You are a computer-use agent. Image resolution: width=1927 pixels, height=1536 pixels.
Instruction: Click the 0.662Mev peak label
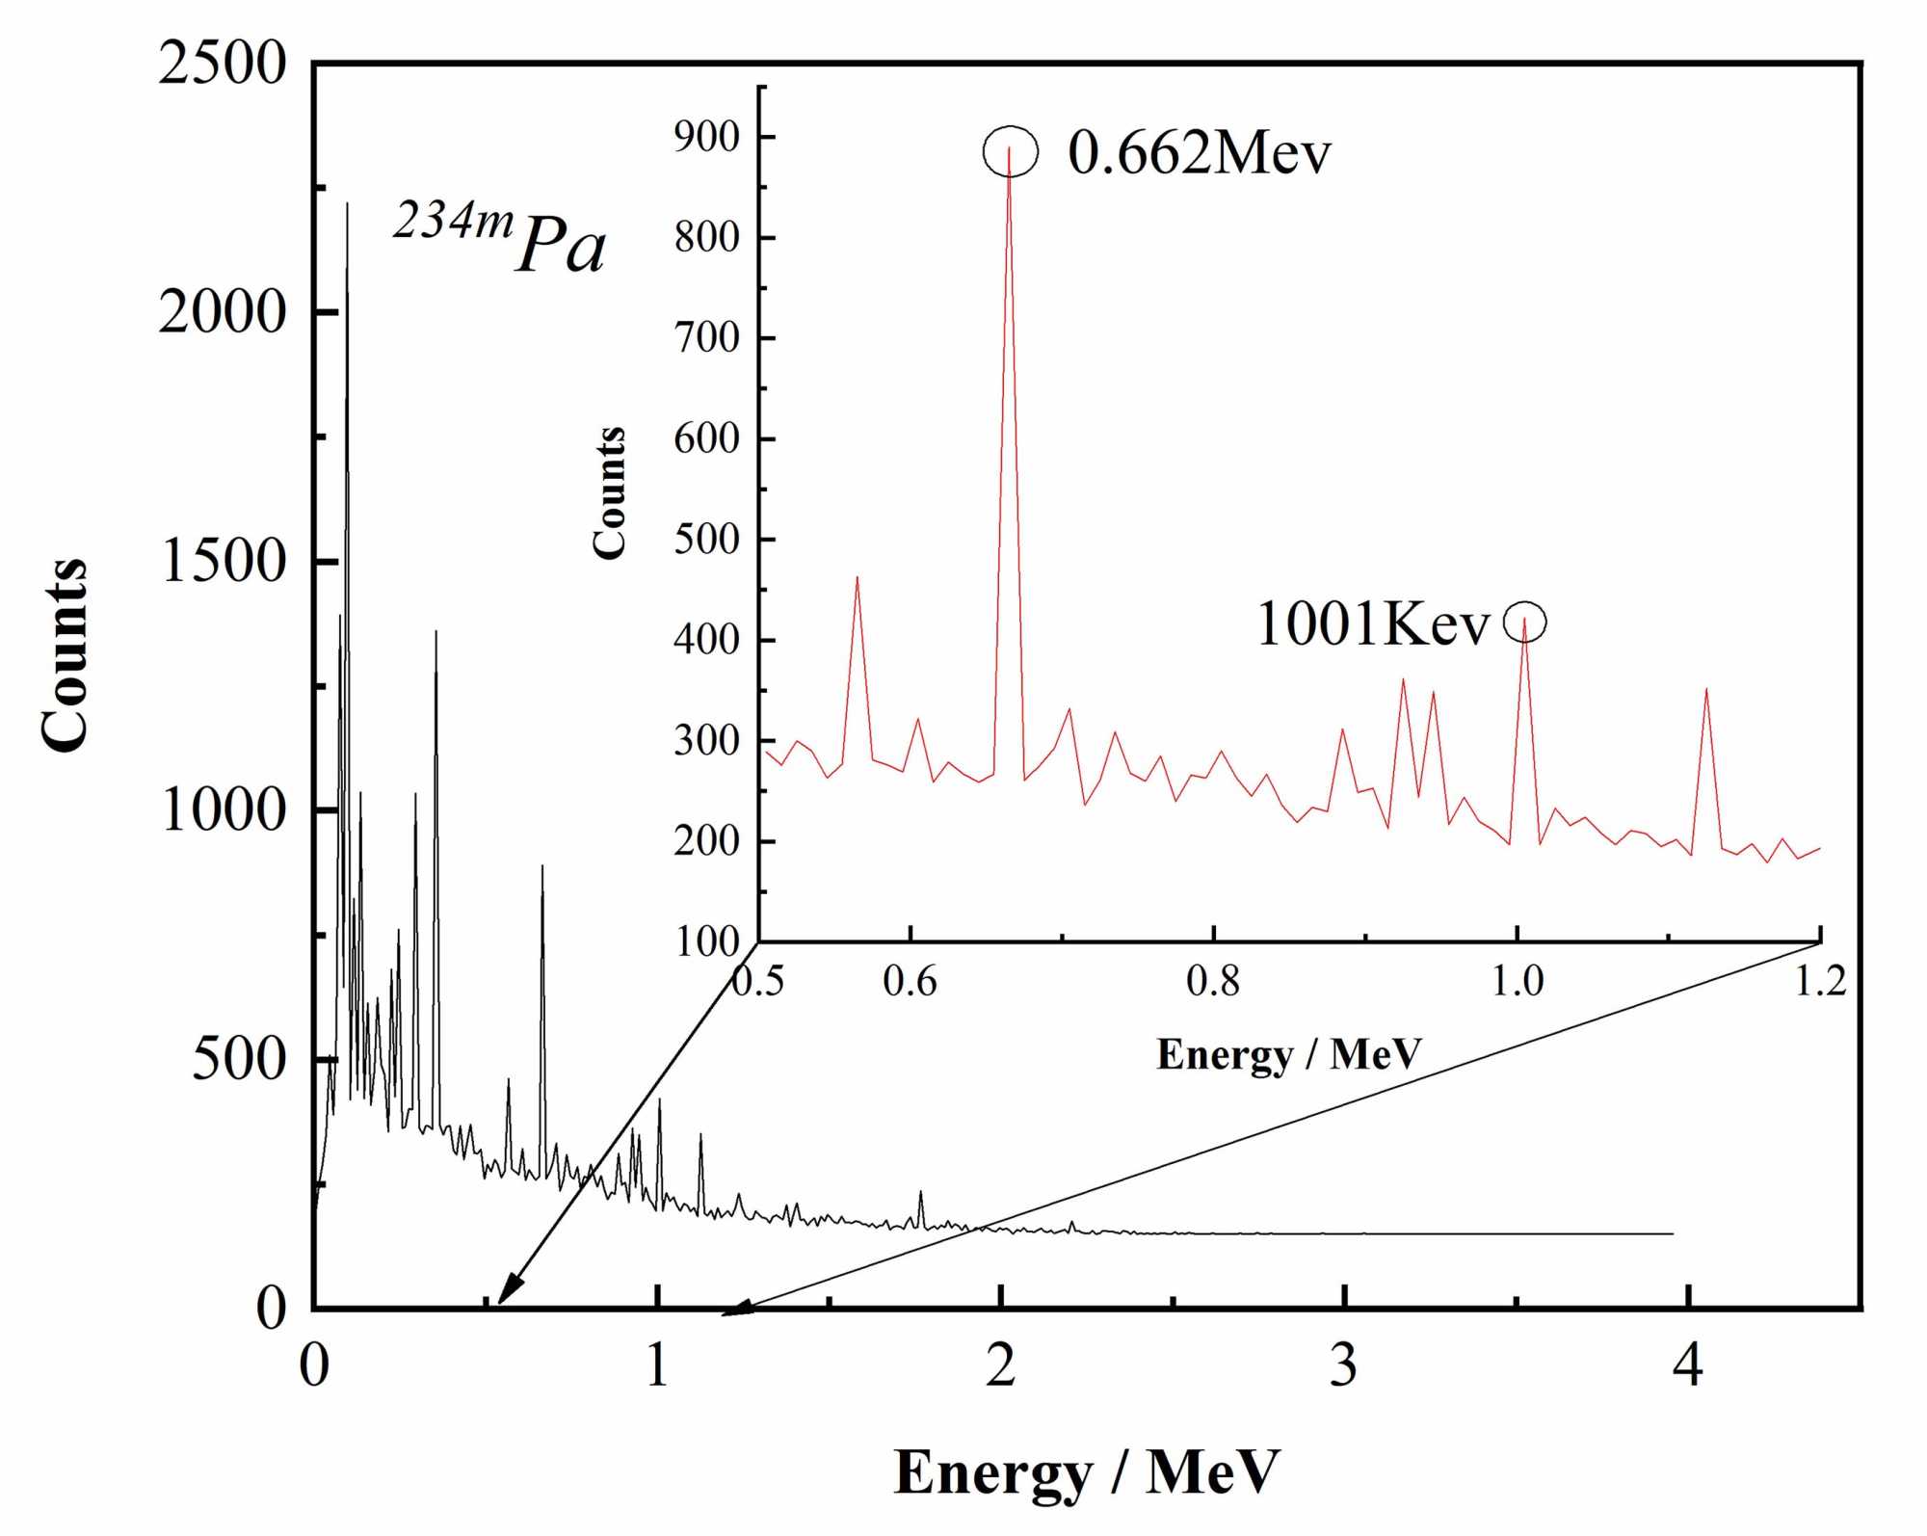(1199, 153)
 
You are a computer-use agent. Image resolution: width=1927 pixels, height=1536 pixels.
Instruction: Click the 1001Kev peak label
(1373, 623)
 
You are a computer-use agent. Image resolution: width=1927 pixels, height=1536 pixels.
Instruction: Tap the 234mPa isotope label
(500, 238)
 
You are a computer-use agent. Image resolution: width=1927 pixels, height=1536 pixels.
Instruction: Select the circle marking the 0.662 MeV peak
(1010, 151)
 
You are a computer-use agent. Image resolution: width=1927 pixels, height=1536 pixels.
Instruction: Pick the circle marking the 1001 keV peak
(1524, 622)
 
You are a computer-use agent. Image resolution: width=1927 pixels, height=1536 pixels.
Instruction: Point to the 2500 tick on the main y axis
(223, 65)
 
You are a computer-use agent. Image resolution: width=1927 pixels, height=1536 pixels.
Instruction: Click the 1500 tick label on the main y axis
(223, 561)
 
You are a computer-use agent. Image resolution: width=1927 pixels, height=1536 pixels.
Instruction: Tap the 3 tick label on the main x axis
(1344, 1365)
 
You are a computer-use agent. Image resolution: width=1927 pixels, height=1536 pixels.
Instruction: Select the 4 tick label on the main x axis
(1688, 1365)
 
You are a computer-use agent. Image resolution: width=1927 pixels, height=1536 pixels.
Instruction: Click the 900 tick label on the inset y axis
(707, 137)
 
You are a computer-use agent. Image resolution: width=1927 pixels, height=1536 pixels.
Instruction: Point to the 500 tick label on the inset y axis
(707, 539)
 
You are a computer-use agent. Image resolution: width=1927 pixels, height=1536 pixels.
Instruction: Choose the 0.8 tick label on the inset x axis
(1213, 981)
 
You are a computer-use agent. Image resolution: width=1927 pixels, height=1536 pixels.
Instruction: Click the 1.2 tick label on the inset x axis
(1820, 981)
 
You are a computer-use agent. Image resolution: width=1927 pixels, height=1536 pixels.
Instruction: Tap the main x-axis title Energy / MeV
(1087, 1472)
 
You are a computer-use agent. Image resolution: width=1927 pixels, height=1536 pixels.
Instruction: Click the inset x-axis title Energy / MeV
(1289, 1054)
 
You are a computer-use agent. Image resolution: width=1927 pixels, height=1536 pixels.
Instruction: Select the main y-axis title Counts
(65, 654)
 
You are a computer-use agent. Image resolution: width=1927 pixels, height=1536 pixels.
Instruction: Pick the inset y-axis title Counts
(609, 492)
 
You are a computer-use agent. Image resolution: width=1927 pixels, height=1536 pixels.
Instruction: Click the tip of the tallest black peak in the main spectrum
(347, 204)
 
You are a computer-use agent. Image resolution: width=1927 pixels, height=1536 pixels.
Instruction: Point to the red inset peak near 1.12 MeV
(1706, 690)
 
